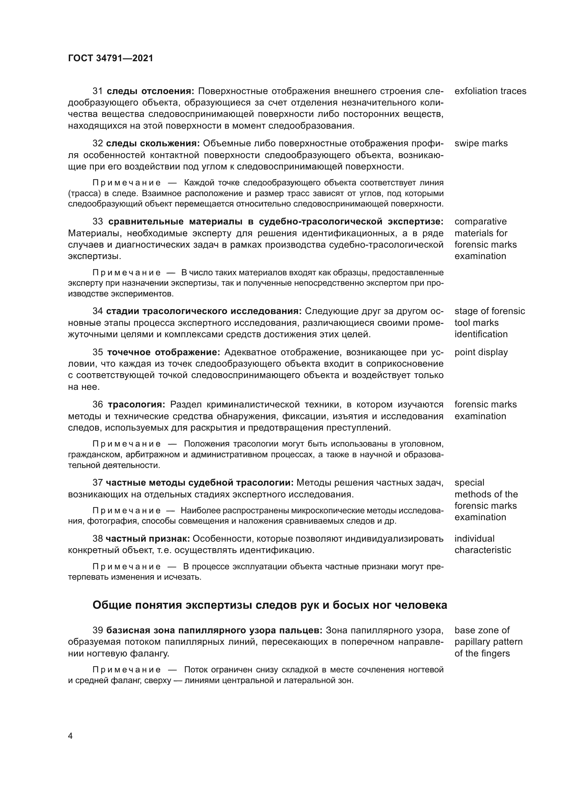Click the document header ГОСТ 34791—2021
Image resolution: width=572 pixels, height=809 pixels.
(111, 58)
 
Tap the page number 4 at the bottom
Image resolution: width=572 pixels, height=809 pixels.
(70, 736)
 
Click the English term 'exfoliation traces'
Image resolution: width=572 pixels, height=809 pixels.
(490, 91)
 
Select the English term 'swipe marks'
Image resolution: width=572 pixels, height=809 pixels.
(481, 143)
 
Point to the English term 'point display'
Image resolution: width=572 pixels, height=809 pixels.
(481, 352)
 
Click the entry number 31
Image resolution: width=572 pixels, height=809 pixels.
(97, 91)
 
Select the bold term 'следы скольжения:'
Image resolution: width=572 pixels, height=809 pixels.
(153, 143)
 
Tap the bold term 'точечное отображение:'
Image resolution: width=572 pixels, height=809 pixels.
(164, 352)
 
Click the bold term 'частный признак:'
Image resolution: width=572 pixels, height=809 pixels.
(148, 539)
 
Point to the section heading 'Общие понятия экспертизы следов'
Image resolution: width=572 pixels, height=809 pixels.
(269, 605)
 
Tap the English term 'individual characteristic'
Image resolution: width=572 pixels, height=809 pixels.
(482, 544)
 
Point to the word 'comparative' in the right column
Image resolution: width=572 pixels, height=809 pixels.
(480, 221)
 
